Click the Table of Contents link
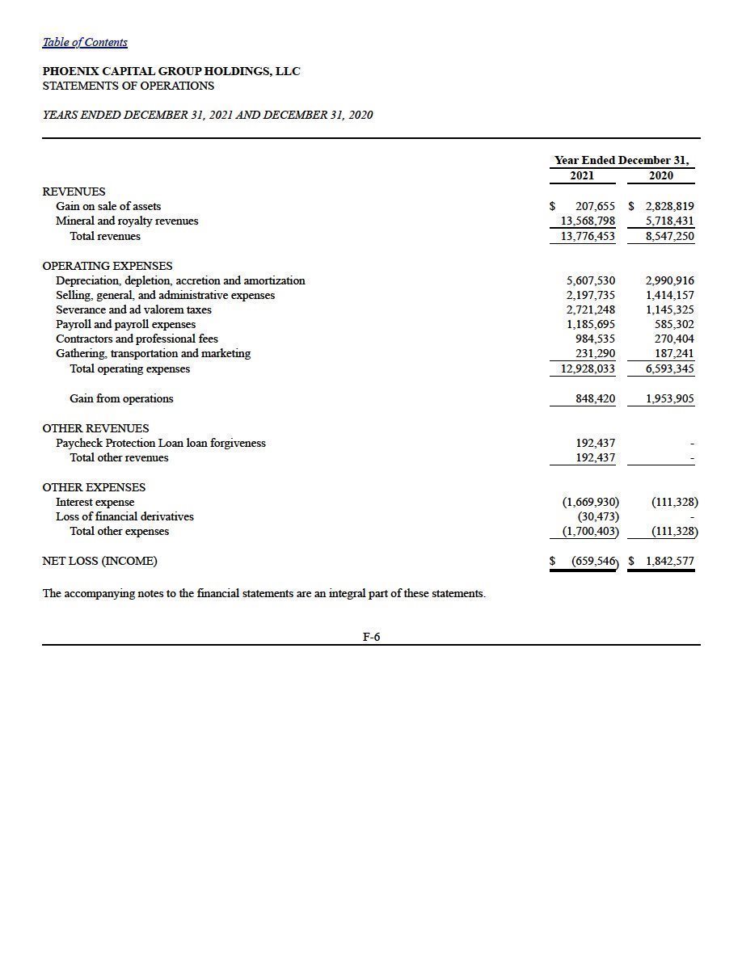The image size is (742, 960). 85,42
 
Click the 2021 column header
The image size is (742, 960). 581,175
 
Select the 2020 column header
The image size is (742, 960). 660,175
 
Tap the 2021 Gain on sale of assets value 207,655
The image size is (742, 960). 595,206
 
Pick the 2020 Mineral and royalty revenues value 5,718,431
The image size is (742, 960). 669,221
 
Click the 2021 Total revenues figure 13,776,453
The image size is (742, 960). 588,236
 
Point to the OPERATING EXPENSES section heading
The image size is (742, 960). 107,266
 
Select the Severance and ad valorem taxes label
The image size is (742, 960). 133,309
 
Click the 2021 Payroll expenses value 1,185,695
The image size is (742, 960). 590,324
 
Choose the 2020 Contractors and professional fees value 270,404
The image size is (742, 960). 674,339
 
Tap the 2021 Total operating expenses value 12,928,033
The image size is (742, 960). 588,368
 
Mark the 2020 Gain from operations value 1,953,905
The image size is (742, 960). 669,398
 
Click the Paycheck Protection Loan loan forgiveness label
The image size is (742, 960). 160,443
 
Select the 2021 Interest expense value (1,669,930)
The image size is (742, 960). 591,502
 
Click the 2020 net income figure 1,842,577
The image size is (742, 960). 669,561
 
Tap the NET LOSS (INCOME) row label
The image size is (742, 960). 99,561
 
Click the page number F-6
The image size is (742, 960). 371,637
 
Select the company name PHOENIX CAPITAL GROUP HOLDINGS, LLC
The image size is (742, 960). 171,71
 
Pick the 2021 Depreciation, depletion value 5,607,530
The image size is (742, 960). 590,280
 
